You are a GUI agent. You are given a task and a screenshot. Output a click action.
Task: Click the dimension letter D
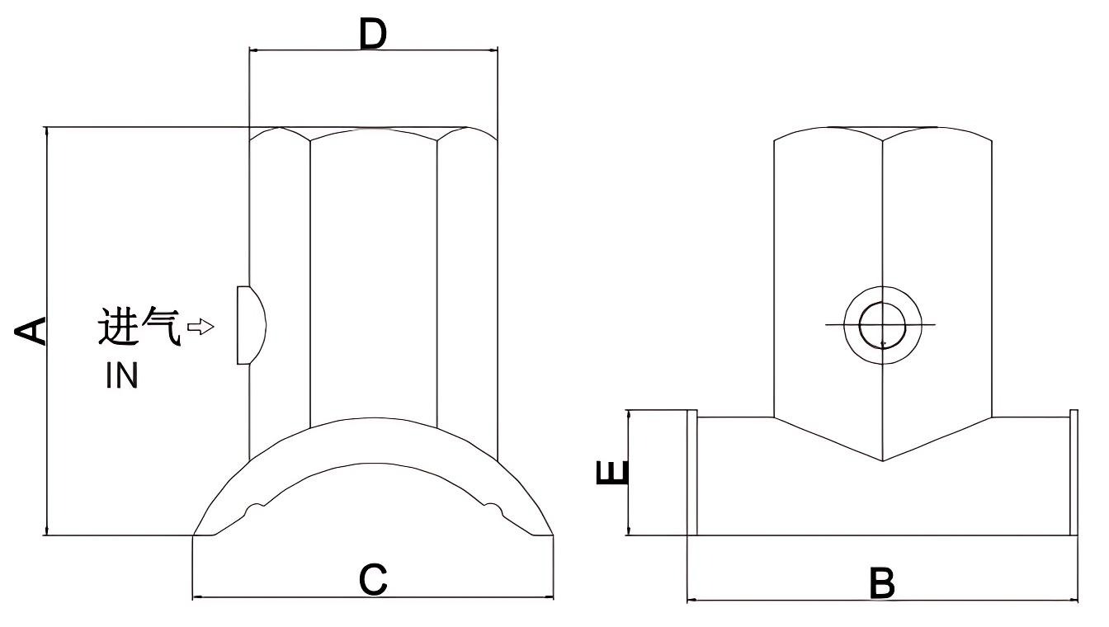pyautogui.click(x=373, y=34)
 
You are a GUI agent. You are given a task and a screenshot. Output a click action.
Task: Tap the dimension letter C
pyautogui.click(x=373, y=581)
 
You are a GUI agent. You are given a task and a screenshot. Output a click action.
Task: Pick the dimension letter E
pyautogui.click(x=612, y=473)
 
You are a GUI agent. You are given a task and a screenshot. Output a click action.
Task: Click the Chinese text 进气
pyautogui.click(x=139, y=328)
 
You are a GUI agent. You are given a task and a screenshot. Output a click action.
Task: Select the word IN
pyautogui.click(x=121, y=377)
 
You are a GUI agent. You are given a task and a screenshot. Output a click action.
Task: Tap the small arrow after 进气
pyautogui.click(x=201, y=328)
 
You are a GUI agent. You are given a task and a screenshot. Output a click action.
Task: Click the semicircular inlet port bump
pyautogui.click(x=251, y=325)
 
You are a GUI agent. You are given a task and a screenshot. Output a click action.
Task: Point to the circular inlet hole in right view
pyautogui.click(x=881, y=325)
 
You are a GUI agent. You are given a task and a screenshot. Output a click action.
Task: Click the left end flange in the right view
pyautogui.click(x=692, y=473)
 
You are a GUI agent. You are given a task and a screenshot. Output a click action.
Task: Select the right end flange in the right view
pyautogui.click(x=1074, y=473)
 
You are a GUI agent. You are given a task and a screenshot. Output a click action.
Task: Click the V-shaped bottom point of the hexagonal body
pyautogui.click(x=882, y=460)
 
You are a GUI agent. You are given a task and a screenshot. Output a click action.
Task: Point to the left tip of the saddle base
pyautogui.click(x=195, y=535)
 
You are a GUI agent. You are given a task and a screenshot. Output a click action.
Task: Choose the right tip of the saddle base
pyautogui.click(x=552, y=535)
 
